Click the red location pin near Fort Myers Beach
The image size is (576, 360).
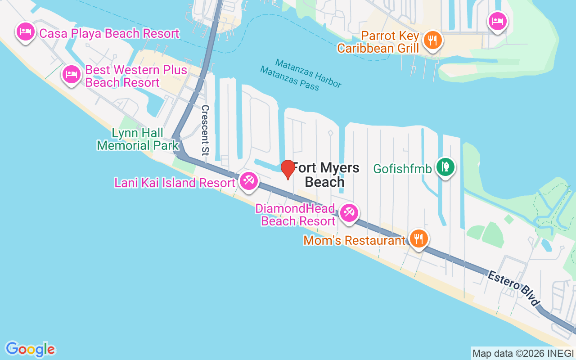click(x=288, y=169)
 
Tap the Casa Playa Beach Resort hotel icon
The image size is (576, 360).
click(x=26, y=31)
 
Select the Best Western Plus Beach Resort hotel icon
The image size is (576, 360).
click(x=72, y=74)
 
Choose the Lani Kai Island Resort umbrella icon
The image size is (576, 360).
click(x=248, y=181)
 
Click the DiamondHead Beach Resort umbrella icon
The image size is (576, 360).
click(x=349, y=212)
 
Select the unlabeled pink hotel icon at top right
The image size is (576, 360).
click(x=498, y=21)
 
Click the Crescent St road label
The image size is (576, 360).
click(x=206, y=130)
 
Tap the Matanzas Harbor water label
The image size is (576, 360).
click(x=308, y=73)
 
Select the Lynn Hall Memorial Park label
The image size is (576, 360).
click(x=138, y=139)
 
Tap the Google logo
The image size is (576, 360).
click(x=30, y=349)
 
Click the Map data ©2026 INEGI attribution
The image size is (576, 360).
click(x=523, y=353)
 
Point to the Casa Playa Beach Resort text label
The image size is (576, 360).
click(x=109, y=33)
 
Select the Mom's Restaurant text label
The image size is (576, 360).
click(x=355, y=240)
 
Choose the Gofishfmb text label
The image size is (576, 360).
click(x=403, y=169)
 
